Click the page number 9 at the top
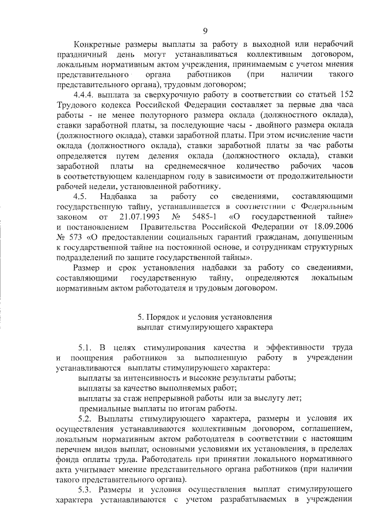pos(205,31)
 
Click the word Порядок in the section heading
pos(166,316)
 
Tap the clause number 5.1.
pos(86,347)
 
